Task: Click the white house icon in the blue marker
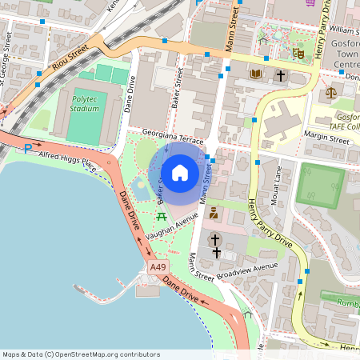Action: point(180,172)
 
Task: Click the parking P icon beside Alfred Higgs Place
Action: point(29,148)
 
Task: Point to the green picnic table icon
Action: point(162,216)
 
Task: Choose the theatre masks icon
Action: point(298,54)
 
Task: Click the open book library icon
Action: point(256,74)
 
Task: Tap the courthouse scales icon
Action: point(332,94)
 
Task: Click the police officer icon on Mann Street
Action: point(214,213)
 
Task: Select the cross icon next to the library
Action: point(281,75)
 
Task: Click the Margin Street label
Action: point(327,140)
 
